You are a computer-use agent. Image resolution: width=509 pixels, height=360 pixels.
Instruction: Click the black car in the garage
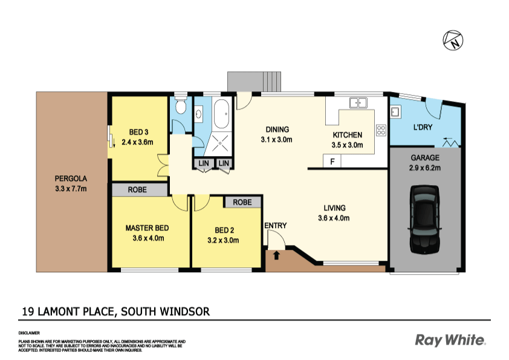424,220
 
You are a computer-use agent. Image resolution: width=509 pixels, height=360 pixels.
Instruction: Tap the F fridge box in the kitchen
332,161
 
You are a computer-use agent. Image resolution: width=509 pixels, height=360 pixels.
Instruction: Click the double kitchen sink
359,103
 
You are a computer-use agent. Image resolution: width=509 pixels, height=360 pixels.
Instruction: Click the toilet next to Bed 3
180,108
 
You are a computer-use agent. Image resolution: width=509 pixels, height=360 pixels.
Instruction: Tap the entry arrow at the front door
277,255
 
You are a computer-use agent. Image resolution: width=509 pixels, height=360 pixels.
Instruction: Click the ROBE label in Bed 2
242,202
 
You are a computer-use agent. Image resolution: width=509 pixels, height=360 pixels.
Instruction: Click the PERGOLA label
71,179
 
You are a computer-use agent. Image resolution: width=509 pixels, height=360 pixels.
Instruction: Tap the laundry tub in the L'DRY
395,111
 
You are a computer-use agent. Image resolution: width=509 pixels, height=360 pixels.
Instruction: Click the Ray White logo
450,340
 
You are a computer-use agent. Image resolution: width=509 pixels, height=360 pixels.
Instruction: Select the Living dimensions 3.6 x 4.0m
334,218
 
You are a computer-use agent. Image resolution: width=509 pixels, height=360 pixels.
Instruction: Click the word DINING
277,129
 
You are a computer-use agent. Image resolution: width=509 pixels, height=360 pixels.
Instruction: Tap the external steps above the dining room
247,80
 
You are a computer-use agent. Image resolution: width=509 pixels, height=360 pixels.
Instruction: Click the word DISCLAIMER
29,333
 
